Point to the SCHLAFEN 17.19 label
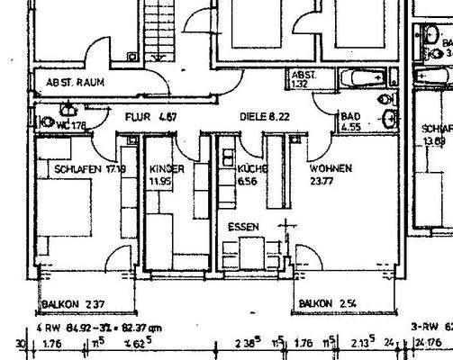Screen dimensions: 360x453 coord(88,168)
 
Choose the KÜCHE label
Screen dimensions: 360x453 coord(249,168)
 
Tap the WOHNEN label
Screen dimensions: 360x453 coord(331,168)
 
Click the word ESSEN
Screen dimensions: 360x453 coord(242,227)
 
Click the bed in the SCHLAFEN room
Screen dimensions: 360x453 coord(63,208)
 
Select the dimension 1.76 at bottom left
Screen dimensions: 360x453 coord(51,342)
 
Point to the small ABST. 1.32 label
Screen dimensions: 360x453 coord(301,79)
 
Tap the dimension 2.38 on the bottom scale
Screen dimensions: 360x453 coord(246,342)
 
